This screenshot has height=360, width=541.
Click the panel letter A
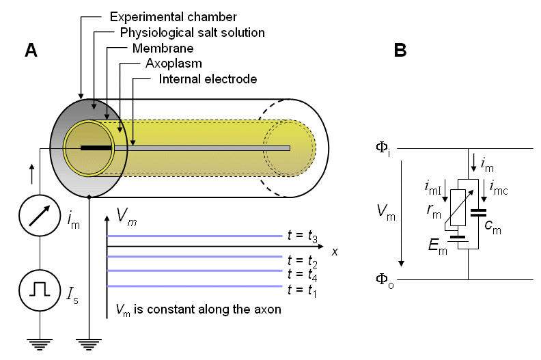[31, 49]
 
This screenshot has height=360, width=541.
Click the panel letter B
[401, 50]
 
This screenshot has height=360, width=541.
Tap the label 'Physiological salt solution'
[192, 33]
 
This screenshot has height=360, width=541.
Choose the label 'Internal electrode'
[208, 79]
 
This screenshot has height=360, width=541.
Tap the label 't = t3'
[303, 236]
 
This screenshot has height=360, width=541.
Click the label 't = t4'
[303, 275]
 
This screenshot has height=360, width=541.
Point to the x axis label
[335, 251]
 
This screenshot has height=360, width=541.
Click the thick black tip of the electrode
[96, 148]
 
